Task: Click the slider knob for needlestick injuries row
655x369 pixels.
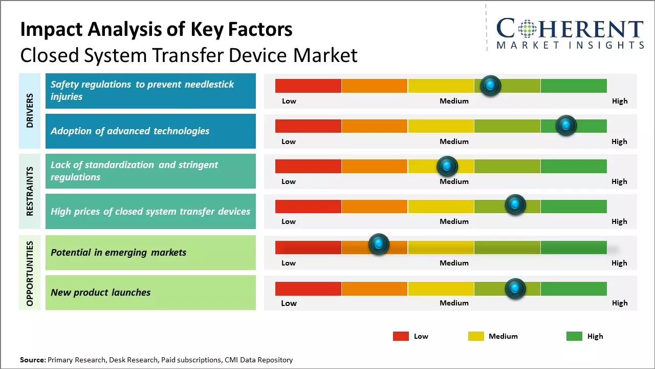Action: click(491, 86)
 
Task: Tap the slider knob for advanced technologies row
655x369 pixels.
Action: click(566, 126)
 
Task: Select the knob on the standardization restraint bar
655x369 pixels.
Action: click(447, 166)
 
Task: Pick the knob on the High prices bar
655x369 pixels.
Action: click(515, 205)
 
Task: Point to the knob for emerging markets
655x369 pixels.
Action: click(379, 244)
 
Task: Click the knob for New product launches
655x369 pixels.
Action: click(515, 289)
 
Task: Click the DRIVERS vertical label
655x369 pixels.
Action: click(30, 110)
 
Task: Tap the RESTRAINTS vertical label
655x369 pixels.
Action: click(30, 191)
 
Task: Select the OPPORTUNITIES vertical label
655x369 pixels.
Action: click(30, 273)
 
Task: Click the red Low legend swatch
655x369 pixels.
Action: click(401, 336)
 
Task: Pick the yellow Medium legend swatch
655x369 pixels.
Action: click(476, 336)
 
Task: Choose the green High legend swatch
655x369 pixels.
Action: click(574, 336)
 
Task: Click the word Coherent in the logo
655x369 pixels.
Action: click(570, 29)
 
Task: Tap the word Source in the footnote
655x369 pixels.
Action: click(32, 360)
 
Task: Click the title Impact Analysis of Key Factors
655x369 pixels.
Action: click(156, 30)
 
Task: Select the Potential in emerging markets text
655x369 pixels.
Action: click(118, 252)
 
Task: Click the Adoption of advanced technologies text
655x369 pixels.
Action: click(130, 131)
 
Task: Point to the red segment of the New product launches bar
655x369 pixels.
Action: click(308, 289)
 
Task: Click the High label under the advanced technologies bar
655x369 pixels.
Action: click(619, 141)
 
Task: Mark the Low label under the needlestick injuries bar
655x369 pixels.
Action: click(289, 101)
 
